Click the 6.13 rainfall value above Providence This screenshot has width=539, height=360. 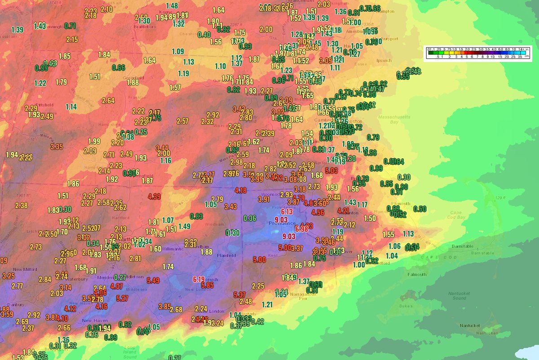click(287, 211)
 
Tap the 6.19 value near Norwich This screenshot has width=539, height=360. click(199, 279)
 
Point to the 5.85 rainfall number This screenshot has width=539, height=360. click(207, 285)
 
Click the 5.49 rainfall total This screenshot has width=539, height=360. click(153, 281)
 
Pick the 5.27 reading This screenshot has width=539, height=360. click(122, 298)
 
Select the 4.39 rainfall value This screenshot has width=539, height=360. click(154, 196)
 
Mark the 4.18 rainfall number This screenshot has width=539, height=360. click(241, 190)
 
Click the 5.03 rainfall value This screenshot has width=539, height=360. click(331, 171)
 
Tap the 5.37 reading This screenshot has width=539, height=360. click(240, 294)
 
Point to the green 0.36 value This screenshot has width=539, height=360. click(250, 219)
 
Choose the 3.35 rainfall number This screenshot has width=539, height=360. click(57, 146)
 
